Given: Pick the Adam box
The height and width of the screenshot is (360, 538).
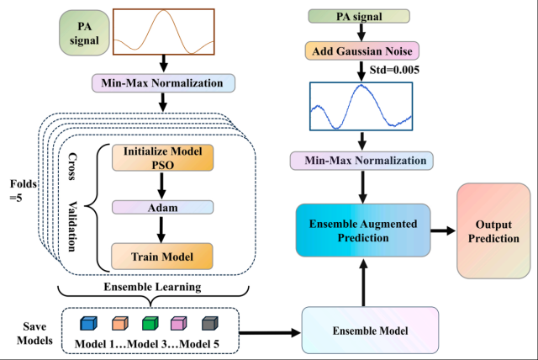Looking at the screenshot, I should click(x=160, y=206).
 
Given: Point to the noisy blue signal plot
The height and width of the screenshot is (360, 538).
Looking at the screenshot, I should click(x=361, y=105).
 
